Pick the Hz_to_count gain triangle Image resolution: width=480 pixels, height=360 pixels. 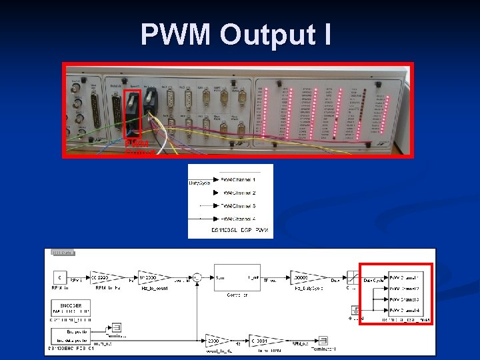click(149, 277)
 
